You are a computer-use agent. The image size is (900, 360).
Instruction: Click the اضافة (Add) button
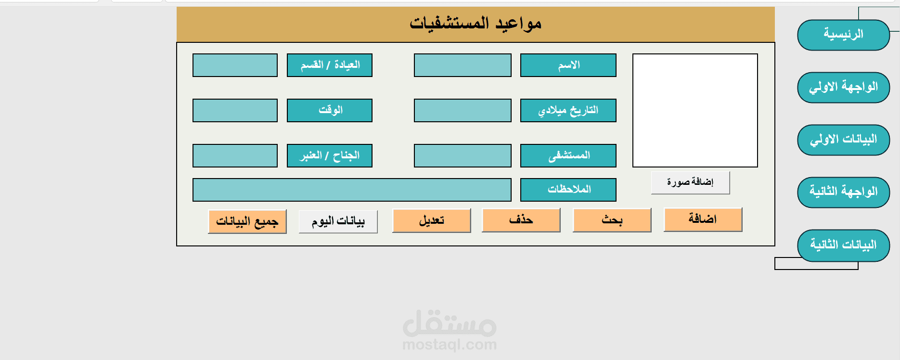coord(703,219)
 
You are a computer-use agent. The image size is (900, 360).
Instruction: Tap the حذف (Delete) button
coord(521,220)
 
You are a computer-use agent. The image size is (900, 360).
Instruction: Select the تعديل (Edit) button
coord(431,220)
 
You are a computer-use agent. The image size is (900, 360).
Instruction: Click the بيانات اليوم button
coord(338,221)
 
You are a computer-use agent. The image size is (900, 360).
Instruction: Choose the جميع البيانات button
coord(247,221)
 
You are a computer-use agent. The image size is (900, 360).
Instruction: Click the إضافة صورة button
coord(690,182)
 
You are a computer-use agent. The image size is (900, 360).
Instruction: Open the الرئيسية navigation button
coord(843,35)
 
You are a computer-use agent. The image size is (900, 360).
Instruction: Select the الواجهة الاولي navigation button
coord(843,87)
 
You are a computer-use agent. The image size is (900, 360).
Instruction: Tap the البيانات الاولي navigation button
coord(843,140)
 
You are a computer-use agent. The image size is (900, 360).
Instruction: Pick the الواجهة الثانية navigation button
coord(843,192)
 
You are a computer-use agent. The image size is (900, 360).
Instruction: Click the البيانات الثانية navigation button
coord(843,245)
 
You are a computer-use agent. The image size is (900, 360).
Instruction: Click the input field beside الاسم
coord(463,65)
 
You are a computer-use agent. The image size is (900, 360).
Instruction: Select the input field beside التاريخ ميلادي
coord(463,110)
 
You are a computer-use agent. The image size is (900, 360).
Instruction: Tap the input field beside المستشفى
coord(463,155)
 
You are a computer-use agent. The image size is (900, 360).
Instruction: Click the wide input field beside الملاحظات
coord(352,190)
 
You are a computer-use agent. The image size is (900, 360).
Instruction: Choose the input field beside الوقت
coord(235,110)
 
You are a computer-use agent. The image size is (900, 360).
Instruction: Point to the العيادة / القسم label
coord(330,65)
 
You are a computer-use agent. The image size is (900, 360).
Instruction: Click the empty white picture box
coord(695,110)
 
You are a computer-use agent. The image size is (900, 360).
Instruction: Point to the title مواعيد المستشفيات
coord(476,23)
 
